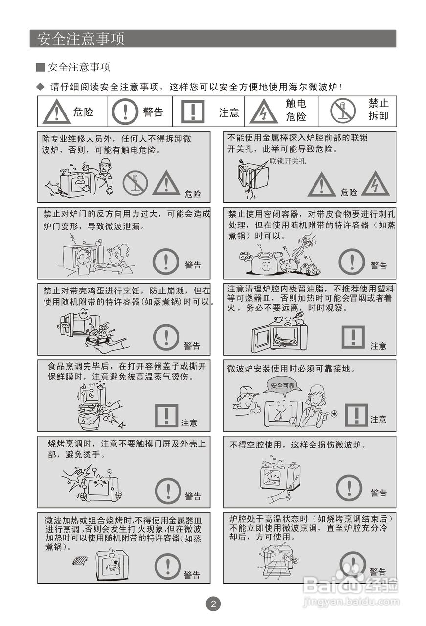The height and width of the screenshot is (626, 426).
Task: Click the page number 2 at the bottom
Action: click(x=213, y=604)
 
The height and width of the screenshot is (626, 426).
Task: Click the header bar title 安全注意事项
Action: click(x=81, y=39)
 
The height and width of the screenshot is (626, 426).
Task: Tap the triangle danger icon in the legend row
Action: click(x=56, y=112)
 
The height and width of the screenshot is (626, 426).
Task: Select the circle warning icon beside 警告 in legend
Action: click(x=125, y=112)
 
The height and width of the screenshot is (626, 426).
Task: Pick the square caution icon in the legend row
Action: click(x=193, y=112)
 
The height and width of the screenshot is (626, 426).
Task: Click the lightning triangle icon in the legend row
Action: click(x=264, y=112)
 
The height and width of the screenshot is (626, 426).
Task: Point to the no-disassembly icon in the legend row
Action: click(x=342, y=111)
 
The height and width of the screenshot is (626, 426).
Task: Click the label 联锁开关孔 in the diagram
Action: click(x=288, y=161)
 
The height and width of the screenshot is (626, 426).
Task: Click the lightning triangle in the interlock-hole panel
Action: click(x=375, y=184)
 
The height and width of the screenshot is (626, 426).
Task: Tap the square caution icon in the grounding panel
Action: click(x=356, y=415)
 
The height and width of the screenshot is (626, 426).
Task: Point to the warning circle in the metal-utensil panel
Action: click(x=168, y=566)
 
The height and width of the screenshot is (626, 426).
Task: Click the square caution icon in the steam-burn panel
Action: click(x=166, y=416)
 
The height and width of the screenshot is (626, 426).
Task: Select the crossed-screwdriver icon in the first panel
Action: click(x=135, y=183)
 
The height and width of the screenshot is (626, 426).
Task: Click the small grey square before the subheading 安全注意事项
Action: click(x=41, y=67)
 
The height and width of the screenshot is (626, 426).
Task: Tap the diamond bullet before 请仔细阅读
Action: click(x=41, y=87)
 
